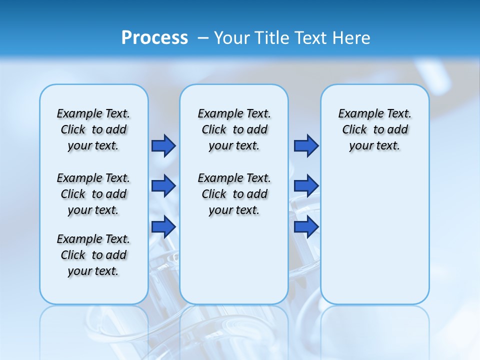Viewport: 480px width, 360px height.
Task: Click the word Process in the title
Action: (x=154, y=38)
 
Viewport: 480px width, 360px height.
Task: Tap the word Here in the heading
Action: (x=352, y=38)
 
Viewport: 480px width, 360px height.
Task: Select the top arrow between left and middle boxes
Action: (x=163, y=145)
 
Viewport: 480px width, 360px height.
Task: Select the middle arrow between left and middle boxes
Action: (x=163, y=186)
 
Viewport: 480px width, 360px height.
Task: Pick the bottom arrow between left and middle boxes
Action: (x=163, y=226)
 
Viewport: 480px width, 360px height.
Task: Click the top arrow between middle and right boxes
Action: (x=306, y=145)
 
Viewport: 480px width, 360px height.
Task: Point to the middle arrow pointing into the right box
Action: (x=306, y=186)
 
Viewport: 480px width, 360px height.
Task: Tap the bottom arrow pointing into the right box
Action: (x=306, y=226)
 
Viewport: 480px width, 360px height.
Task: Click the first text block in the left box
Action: (x=93, y=129)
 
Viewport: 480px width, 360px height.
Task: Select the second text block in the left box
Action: (x=93, y=194)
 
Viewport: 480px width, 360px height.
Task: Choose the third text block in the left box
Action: (x=93, y=255)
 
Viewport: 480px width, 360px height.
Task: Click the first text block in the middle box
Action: (x=234, y=129)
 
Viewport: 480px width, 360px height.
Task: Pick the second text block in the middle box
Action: (x=234, y=194)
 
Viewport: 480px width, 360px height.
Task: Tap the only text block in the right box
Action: (x=374, y=129)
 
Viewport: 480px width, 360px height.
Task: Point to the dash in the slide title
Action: (x=203, y=38)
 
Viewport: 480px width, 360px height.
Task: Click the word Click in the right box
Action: (x=354, y=130)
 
